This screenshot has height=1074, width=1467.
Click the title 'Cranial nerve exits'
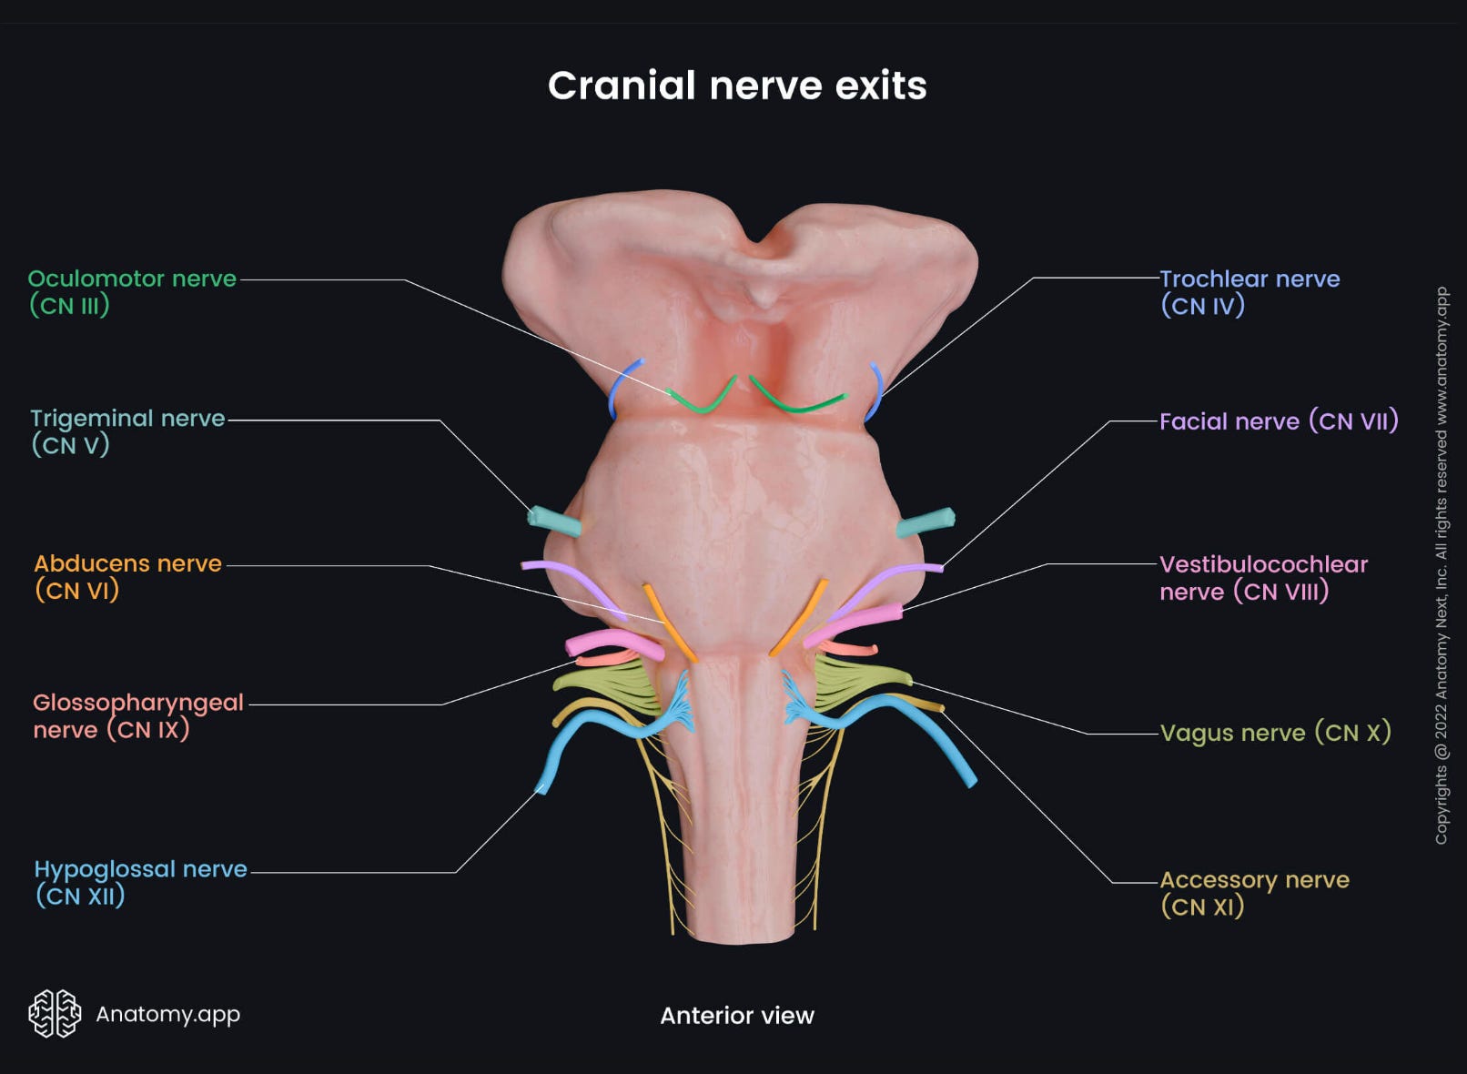coord(737,86)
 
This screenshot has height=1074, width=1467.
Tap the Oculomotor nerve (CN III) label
coord(131,291)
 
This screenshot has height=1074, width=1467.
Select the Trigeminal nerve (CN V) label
coord(126,431)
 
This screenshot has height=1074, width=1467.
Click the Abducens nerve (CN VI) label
coord(126,576)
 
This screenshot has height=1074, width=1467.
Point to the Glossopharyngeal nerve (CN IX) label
coord(137,715)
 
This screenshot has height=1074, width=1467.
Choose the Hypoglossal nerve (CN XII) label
coord(139,882)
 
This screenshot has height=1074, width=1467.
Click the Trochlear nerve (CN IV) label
coord(1249,291)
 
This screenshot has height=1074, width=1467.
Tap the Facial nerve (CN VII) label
coord(1278,421)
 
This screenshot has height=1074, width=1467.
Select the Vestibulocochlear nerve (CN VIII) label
coord(1262,577)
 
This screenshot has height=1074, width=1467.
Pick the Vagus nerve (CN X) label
coord(1274,733)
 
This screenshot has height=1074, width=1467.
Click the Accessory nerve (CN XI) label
coord(1253,892)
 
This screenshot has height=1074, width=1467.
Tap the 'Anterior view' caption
coord(736,1015)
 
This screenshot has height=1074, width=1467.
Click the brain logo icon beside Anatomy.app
coord(55,1013)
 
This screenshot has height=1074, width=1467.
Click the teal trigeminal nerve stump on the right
coord(926,522)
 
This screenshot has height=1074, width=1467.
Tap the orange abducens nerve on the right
coord(799,619)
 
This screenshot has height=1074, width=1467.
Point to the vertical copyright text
coord(1441,564)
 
